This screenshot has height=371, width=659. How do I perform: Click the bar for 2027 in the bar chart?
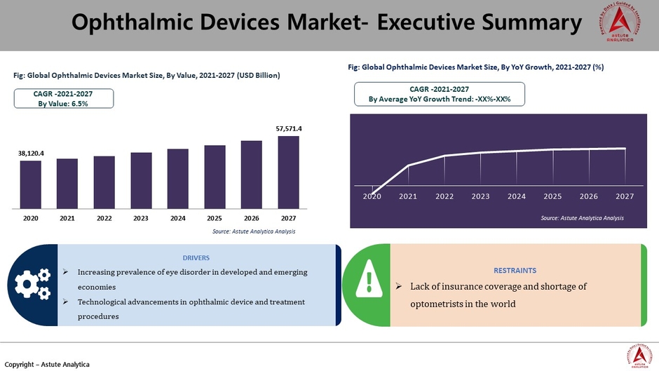pyautogui.click(x=288, y=172)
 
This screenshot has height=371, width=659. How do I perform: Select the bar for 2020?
pyautogui.click(x=30, y=184)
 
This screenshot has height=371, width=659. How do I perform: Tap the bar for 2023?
pyautogui.click(x=141, y=180)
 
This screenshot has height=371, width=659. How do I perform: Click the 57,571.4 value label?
pyautogui.click(x=288, y=129)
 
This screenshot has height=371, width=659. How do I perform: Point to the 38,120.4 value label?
pyautogui.click(x=31, y=153)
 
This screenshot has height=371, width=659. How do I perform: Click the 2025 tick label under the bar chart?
pyautogui.click(x=215, y=218)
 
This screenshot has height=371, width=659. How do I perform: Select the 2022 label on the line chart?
pyautogui.click(x=444, y=197)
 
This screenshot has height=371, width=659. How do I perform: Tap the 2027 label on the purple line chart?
pyautogui.click(x=625, y=197)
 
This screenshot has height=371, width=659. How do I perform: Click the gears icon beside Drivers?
pyautogui.click(x=32, y=283)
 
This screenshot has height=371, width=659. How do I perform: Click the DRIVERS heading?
pyautogui.click(x=196, y=258)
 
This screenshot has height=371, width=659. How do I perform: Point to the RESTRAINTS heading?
pyautogui.click(x=515, y=270)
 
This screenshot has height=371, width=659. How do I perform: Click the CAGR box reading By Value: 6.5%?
pyautogui.click(x=63, y=98)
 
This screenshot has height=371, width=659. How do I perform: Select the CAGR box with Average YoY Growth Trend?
pyautogui.click(x=440, y=94)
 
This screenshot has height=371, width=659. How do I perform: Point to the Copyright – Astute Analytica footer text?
pyautogui.click(x=47, y=364)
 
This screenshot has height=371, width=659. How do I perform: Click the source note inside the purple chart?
pyautogui.click(x=582, y=219)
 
